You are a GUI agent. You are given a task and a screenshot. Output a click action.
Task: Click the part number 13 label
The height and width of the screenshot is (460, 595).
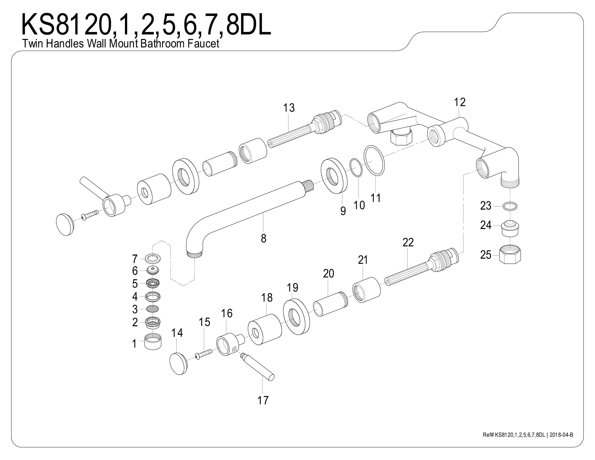coord(289,108)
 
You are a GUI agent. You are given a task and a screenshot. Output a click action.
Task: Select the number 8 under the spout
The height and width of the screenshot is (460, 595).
coord(263,238)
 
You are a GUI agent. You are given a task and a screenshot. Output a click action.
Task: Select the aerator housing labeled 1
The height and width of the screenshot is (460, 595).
coord(153,341)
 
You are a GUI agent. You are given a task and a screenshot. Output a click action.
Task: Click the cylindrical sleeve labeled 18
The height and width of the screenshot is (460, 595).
coord(265,330)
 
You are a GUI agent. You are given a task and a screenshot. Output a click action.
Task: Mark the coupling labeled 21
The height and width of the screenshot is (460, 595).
coord(367,289)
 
